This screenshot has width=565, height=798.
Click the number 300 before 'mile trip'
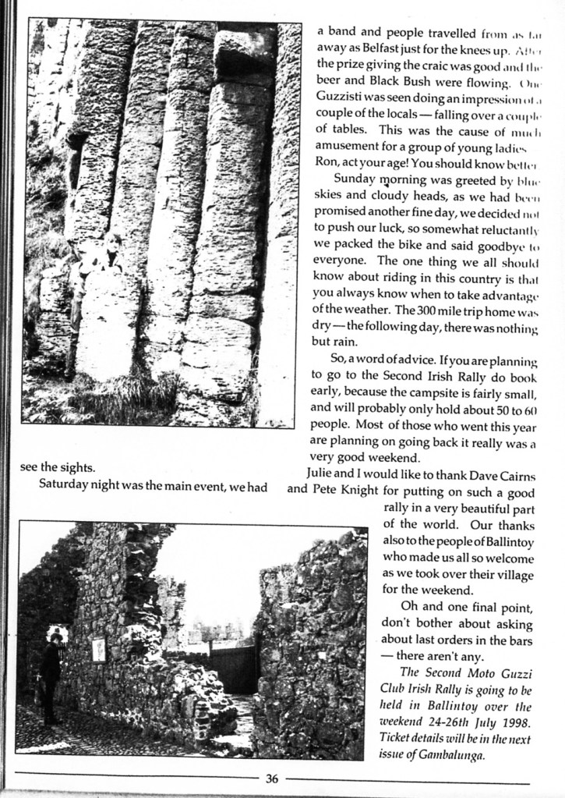point(431,308)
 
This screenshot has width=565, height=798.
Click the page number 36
point(271,777)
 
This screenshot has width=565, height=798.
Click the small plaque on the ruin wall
point(99,650)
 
